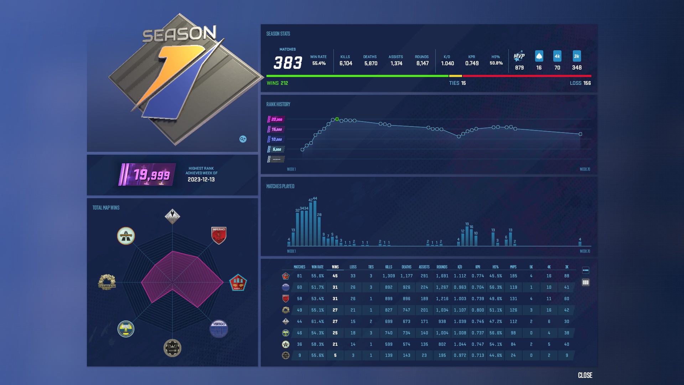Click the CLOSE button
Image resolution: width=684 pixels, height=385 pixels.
coord(585,375)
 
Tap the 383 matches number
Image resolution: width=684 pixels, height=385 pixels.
coord(287,63)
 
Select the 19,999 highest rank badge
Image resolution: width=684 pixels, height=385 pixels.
coord(147,175)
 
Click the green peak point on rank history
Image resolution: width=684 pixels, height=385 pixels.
coord(337,119)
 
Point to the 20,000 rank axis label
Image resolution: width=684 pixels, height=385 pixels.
coord(276,119)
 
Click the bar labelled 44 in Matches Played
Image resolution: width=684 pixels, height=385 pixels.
coord(315,223)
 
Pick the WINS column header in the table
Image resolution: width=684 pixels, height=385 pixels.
coord(335,267)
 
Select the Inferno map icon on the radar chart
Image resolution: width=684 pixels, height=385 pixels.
coord(218,235)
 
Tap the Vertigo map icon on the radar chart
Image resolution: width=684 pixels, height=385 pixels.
coord(218,328)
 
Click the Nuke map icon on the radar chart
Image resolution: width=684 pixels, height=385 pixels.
coord(126,328)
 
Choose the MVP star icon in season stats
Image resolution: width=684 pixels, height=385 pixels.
coord(519,56)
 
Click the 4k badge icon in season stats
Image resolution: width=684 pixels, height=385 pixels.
coord(557,56)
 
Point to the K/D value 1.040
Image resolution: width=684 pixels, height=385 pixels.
coord(447,63)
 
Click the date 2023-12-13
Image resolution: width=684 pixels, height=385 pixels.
coord(201,180)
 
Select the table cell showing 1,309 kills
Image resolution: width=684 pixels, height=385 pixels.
coord(389,276)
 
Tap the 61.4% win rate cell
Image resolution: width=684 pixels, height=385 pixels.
coord(317,322)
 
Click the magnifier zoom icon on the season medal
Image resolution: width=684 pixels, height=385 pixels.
coord(243,139)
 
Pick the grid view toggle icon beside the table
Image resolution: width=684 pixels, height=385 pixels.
coord(585,282)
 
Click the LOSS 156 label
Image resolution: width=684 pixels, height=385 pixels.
coord(580,83)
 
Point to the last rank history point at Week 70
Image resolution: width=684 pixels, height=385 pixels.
coord(580,134)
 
